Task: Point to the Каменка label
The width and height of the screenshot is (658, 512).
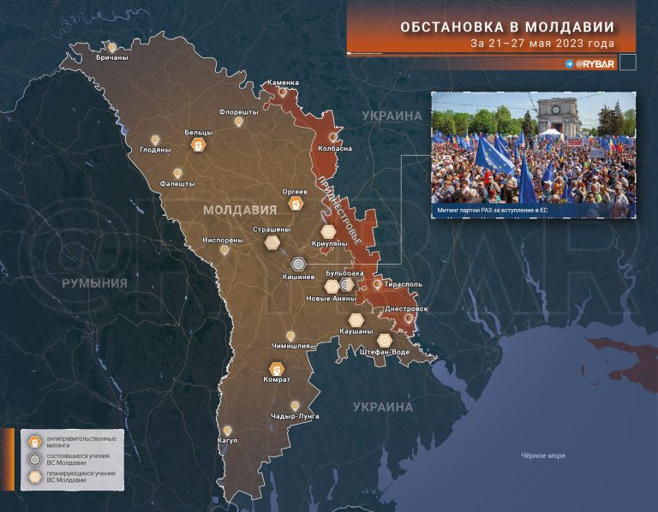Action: click(283, 83)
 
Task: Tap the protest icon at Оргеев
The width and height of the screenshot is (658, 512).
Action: click(296, 205)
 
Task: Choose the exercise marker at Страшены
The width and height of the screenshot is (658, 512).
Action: click(272, 243)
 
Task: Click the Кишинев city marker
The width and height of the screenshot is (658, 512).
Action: click(298, 265)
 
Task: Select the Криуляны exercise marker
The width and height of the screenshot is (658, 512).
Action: click(328, 231)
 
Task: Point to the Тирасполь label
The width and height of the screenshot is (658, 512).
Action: click(403, 283)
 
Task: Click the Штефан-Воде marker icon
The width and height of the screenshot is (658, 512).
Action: click(385, 340)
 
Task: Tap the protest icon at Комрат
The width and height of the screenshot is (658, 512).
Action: click(277, 368)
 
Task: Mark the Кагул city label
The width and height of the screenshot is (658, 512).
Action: click(227, 441)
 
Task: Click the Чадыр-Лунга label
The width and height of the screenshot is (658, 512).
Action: click(295, 416)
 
